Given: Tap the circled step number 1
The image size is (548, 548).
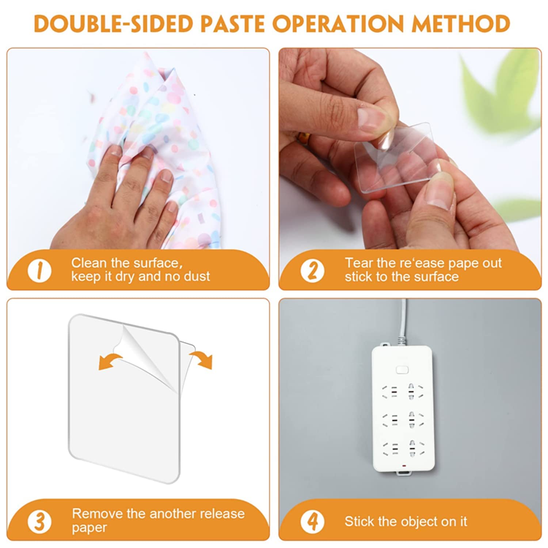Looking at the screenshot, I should [x=39, y=271].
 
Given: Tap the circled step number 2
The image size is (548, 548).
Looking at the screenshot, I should [x=312, y=271].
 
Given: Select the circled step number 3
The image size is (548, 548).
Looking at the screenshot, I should [x=39, y=521].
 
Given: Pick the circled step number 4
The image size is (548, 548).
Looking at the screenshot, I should [x=312, y=521].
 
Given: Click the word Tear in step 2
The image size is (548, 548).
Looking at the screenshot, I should [x=358, y=263].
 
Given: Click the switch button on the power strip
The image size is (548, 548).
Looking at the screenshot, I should [x=402, y=370].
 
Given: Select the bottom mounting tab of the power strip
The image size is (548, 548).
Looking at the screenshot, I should [x=402, y=474].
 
